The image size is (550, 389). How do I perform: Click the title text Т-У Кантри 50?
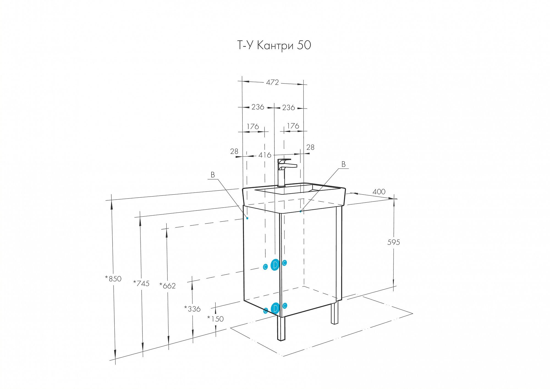pos(274,45)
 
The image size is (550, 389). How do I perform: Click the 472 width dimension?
pos(272,82)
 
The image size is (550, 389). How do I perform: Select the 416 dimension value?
pos(265,155)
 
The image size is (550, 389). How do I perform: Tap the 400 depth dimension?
pos(379,192)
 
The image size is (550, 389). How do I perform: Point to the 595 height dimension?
pos(394,242)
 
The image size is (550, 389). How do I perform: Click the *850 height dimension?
pos(113,279)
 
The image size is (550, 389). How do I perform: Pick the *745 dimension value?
pos(141,283)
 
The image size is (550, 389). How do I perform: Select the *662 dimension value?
pos(167,286)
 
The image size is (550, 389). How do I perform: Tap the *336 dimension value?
pos(192,309)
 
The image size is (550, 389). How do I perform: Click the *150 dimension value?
pos(215,319)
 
